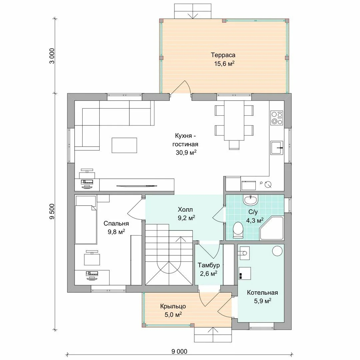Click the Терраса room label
223,55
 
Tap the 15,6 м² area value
224,64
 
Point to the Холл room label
185,209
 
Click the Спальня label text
116,223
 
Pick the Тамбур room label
209,265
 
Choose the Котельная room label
262,293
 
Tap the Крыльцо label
173,307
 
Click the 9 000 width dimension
179,352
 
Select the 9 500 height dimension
52,211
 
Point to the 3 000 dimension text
52,56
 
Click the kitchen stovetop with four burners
277,118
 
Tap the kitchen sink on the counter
276,148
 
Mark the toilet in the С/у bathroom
238,230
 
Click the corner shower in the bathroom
272,228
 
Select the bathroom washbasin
251,200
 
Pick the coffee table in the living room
124,145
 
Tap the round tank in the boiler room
277,251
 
